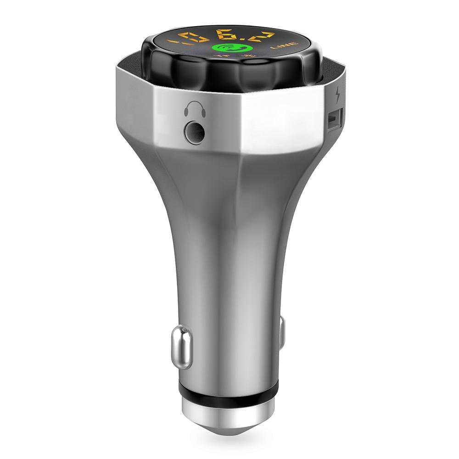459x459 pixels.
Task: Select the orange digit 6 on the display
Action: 228,34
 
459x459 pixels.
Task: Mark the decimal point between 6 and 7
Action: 245,38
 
